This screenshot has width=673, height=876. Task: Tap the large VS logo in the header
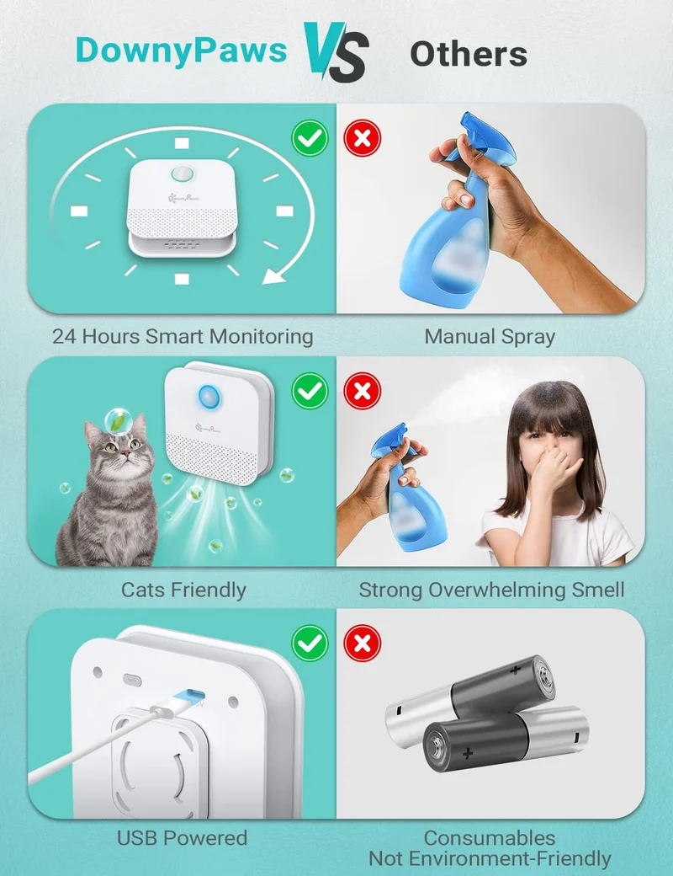(336, 52)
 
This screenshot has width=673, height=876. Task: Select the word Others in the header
(469, 54)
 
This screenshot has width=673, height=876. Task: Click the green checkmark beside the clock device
(310, 138)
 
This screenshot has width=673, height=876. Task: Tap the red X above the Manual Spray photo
(363, 138)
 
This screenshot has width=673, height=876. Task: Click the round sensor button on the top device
(181, 174)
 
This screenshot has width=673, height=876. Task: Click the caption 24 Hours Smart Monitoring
(183, 336)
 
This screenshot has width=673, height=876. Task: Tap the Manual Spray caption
(490, 336)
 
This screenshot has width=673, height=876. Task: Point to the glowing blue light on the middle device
(209, 398)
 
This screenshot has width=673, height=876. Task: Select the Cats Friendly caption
(183, 590)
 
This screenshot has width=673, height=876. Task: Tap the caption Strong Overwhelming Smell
(491, 590)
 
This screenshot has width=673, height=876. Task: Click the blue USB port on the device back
(188, 696)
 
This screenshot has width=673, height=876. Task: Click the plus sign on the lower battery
(468, 754)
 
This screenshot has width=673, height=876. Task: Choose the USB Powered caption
(182, 837)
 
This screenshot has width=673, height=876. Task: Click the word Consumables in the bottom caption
(490, 837)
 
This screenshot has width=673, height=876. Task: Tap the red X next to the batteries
(363, 643)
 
